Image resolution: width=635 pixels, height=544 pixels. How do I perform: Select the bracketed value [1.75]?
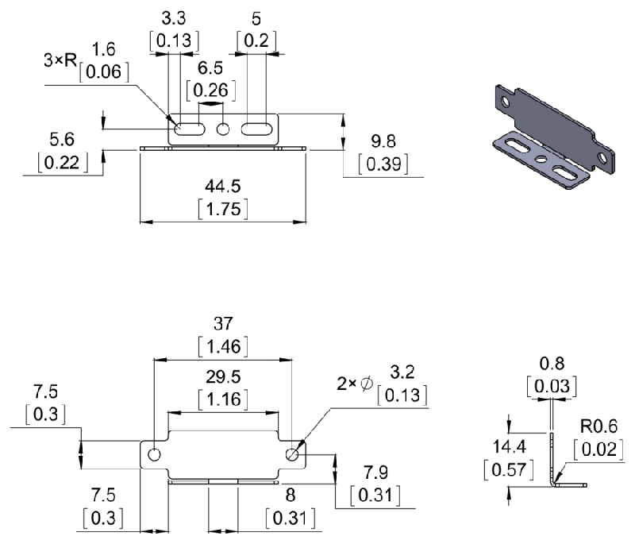point(223,209)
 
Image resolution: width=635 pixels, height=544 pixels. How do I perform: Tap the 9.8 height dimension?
point(382,141)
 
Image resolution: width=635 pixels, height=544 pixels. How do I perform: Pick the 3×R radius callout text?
point(60,60)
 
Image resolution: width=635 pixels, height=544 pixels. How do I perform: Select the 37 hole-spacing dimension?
point(223,324)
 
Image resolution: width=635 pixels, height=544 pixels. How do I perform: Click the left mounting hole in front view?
point(153,454)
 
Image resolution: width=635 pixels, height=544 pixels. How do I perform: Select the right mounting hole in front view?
point(293,454)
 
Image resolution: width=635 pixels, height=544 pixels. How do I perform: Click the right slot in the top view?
point(256,129)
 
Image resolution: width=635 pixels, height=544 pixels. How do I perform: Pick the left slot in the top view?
point(190,129)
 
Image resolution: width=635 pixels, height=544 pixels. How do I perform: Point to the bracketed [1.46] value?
point(223,346)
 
